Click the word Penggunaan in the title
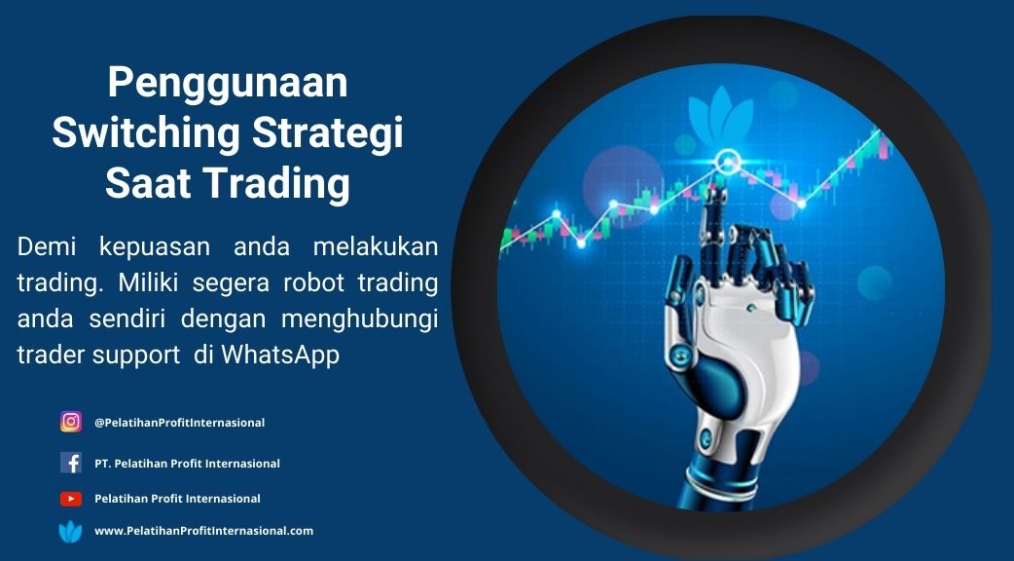pos(228,84)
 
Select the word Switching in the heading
pos(146,133)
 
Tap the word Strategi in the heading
pos(327,133)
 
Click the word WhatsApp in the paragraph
pos(280,355)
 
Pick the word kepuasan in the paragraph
pos(155,246)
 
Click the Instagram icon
pos(71,422)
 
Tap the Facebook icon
pos(71,463)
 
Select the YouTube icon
pos(71,499)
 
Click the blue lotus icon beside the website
pos(70,531)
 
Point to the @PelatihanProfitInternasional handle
pos(179,423)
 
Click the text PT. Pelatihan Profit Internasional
pos(187,464)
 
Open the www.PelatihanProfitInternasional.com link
pos(203,531)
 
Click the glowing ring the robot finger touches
pos(728,161)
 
